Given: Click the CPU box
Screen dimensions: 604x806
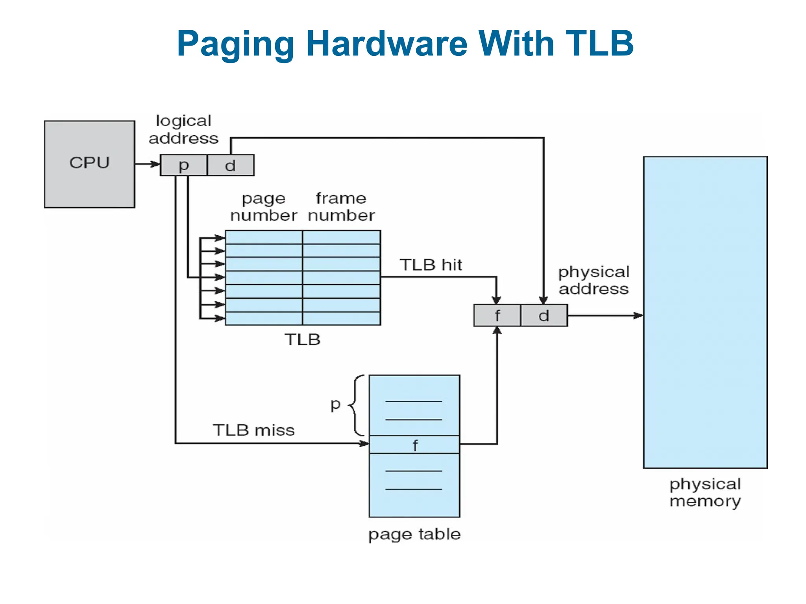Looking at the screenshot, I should point(89,164).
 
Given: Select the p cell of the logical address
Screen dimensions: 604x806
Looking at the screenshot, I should point(183,165).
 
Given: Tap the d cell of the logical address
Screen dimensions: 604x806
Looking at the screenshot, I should point(231,165).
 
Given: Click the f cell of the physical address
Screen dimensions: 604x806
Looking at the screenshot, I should point(497,315).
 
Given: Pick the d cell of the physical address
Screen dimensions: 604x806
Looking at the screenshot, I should point(544,315).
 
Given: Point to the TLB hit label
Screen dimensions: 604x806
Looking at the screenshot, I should point(431,265).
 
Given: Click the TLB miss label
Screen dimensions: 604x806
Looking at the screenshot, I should point(254,430).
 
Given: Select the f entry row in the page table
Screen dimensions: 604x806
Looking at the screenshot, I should point(414,445).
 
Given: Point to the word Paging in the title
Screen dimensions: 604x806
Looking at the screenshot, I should point(235,44).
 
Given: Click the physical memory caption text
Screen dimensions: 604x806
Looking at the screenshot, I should point(705,492).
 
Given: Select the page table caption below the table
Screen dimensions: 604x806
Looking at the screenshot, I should point(414,534).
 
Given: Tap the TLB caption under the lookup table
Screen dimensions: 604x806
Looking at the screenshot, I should point(303,339).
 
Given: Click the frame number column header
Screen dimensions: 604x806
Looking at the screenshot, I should point(341,207).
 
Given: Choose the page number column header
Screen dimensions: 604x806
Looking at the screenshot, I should point(264,207).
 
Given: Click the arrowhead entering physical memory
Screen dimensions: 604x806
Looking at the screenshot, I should point(638,315).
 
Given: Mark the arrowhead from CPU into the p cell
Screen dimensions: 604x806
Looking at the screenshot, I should point(155,164).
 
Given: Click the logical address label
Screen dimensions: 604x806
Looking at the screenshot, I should point(183,129).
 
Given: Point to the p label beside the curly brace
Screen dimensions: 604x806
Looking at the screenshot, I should point(335,404).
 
